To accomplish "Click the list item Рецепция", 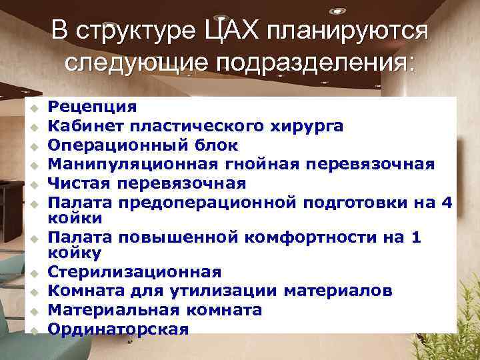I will [93, 106].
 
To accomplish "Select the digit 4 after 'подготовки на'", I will [447, 202].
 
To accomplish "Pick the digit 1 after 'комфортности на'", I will [417, 237].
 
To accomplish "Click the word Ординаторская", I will [119, 329].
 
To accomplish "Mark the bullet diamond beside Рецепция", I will [29, 107].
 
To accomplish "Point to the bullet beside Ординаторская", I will [29, 329].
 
